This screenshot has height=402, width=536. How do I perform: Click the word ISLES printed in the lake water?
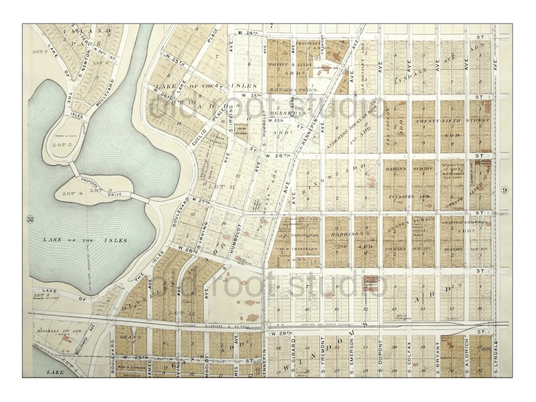click(x=115, y=239)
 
